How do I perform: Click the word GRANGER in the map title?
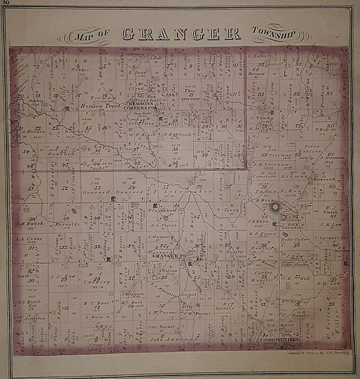click(x=181, y=34)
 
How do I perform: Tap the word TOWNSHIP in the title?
click(x=273, y=34)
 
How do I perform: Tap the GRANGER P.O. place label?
click(x=169, y=256)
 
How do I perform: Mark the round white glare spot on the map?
click(x=275, y=208)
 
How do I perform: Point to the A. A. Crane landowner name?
click(x=27, y=239)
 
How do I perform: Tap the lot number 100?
click(x=333, y=64)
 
